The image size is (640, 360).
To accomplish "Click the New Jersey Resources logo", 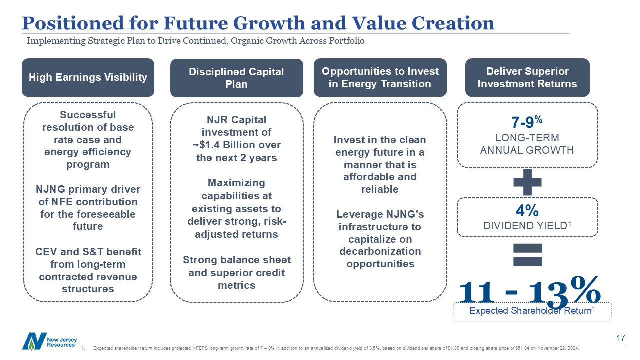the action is click(x=49, y=341).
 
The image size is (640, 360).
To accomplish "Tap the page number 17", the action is click(x=621, y=338).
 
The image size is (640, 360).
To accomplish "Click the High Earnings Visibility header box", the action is click(x=88, y=77).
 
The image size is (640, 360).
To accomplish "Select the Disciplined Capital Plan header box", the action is click(x=237, y=78).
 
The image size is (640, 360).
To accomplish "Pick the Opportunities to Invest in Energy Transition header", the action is click(x=380, y=77).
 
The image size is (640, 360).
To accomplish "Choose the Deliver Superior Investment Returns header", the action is click(x=527, y=77).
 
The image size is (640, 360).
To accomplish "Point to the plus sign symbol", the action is click(x=527, y=182).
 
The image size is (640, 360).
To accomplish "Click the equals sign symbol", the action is click(x=527, y=255).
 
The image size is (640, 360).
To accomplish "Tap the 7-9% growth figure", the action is click(x=527, y=122).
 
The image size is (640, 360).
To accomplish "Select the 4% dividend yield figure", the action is click(x=527, y=211).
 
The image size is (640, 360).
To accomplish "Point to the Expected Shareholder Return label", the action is click(x=532, y=310).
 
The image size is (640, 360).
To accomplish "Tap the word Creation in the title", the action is click(x=453, y=23).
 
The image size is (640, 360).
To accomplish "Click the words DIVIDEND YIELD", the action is click(x=525, y=226).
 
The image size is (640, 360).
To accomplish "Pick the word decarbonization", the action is click(x=380, y=251).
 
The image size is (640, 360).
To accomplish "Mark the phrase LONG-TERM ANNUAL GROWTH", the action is click(x=527, y=144).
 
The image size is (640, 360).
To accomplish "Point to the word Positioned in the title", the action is click(x=73, y=23).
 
